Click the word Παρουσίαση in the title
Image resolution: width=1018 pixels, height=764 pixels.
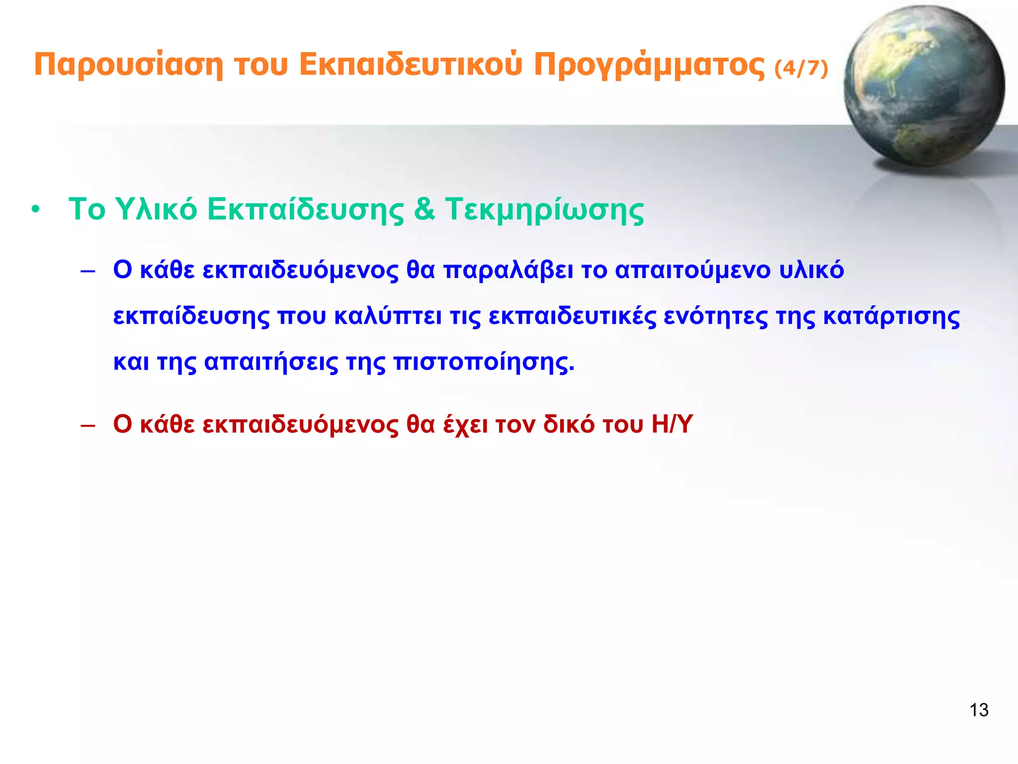pos(128,65)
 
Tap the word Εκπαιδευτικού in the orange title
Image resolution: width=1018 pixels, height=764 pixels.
pos(411,65)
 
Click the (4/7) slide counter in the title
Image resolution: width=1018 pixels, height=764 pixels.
pos(801,68)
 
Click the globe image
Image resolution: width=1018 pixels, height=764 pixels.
pos(924,86)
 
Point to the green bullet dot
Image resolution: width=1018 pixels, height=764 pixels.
pos(35,210)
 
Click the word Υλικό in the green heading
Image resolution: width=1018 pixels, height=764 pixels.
pos(156,209)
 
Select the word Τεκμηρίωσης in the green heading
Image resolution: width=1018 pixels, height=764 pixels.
pos(544,210)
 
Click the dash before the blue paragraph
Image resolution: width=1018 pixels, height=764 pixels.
pos(87,272)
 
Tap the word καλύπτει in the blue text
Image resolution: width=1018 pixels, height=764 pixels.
pos(388,316)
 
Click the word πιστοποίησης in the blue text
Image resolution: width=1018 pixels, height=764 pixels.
pos(484,363)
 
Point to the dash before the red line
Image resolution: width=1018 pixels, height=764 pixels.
pos(87,426)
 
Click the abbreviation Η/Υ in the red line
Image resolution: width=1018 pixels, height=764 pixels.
pos(672,425)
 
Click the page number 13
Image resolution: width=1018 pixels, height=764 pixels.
pos(979,710)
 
